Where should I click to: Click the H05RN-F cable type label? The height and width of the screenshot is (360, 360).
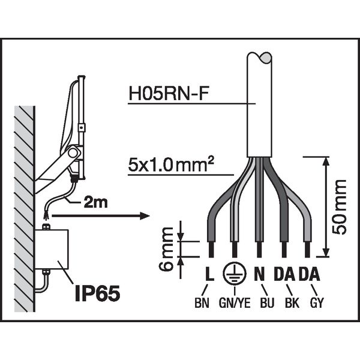pos(169,94)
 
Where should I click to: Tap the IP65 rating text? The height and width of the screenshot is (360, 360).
pos(98,293)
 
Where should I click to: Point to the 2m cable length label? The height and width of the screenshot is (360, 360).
pos(96,203)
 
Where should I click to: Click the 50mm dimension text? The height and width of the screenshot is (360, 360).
pos(340,207)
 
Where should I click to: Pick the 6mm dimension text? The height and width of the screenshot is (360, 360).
pos(166,248)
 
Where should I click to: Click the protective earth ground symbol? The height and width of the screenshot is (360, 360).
pos(235,273)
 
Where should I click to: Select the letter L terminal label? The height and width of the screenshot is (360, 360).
pos(209,274)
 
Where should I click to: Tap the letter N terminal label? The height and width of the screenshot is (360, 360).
pos(259,274)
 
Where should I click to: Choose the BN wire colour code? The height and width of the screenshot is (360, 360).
pos(202,303)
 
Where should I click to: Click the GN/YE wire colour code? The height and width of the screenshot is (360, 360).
pos(235,303)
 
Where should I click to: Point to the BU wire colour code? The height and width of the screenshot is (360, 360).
pos(267,303)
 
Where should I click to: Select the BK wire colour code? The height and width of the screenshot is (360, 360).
pos(292,303)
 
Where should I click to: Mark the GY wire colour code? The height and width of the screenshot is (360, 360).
pos(317,303)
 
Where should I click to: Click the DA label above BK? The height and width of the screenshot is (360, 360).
pos(284,274)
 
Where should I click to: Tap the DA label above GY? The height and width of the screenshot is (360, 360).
pos(309,274)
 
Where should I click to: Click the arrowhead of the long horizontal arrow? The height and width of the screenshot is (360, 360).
pos(145,216)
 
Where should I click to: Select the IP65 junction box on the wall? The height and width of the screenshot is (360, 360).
pos(52,249)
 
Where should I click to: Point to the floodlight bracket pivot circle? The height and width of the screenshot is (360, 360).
pos(73,152)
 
